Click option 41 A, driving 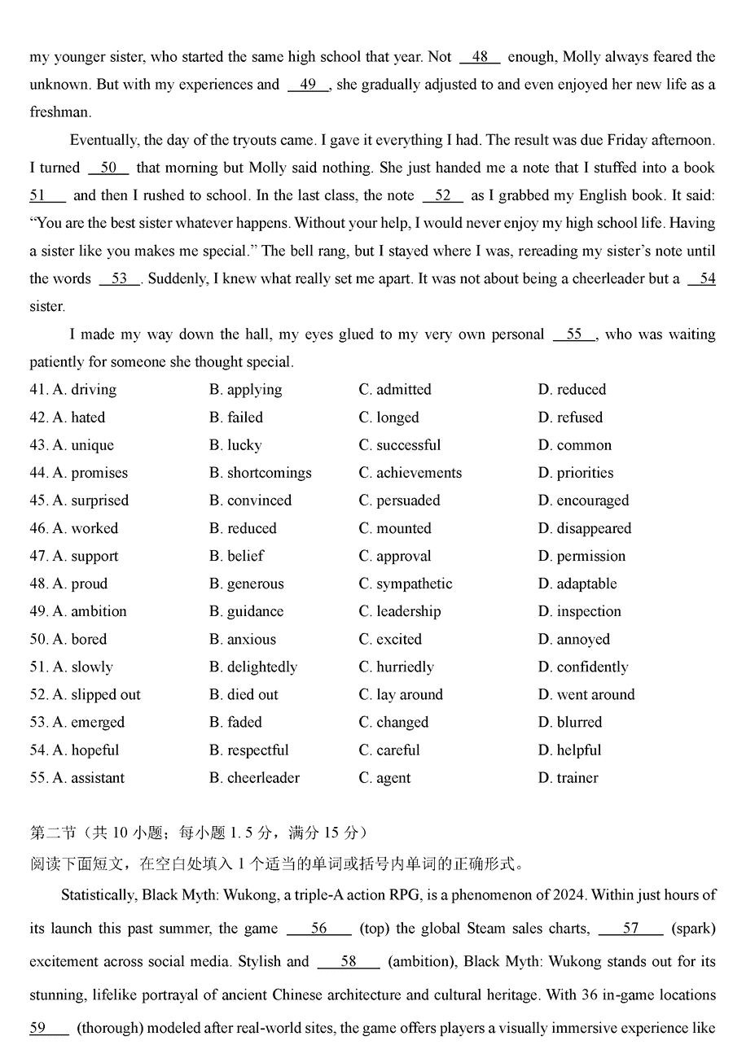(85, 390)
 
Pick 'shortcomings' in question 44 (260, 473)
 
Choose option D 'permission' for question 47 (582, 556)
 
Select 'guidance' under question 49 (246, 611)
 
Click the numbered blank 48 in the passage (480, 57)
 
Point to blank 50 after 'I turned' (108, 168)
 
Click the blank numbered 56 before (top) (318, 929)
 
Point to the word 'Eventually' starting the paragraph (103, 140)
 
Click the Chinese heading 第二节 (52, 833)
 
